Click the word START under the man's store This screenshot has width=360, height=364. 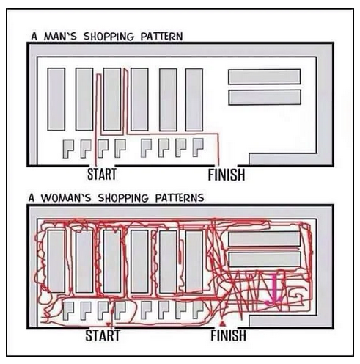[102, 175]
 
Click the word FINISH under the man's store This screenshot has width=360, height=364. [227, 175]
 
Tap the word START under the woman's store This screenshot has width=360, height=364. [103, 335]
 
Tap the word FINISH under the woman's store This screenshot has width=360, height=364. [229, 335]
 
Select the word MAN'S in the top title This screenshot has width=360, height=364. [60, 37]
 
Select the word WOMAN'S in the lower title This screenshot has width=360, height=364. [66, 198]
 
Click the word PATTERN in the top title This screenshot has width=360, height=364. [161, 37]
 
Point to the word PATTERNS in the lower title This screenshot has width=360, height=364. [180, 198]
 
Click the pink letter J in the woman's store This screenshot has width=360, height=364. [273, 291]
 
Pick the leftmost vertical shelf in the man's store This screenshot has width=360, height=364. [56, 99]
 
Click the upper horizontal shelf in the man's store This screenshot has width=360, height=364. [265, 76]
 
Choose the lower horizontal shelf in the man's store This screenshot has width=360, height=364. [265, 98]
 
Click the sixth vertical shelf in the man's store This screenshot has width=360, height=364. [194, 100]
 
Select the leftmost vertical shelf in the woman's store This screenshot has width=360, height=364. [56, 261]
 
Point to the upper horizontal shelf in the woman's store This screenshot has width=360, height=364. [265, 239]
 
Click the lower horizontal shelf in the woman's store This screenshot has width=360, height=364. [265, 259]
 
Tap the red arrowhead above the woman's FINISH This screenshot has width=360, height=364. [222, 324]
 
